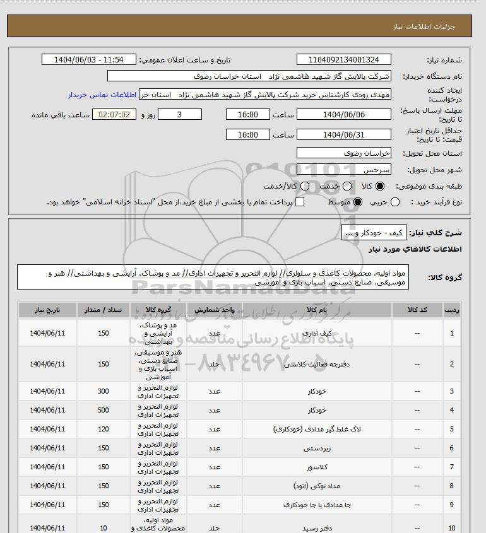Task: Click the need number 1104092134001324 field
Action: [x=343, y=60]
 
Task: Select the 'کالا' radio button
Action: [x=380, y=187]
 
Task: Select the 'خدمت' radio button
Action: [x=345, y=187]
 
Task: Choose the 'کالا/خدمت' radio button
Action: [x=305, y=187]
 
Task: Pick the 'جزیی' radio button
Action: [x=395, y=202]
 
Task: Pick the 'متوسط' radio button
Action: [x=358, y=202]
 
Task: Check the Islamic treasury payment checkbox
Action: [x=300, y=202]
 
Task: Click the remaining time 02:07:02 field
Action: [x=114, y=115]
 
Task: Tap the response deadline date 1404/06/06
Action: [x=343, y=115]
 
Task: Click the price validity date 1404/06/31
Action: [x=343, y=135]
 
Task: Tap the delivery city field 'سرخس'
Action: [x=343, y=170]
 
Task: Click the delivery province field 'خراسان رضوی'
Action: [x=343, y=153]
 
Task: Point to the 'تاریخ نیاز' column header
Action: [x=47, y=310]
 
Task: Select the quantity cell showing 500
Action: [x=104, y=411]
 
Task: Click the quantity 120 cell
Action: [x=104, y=430]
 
